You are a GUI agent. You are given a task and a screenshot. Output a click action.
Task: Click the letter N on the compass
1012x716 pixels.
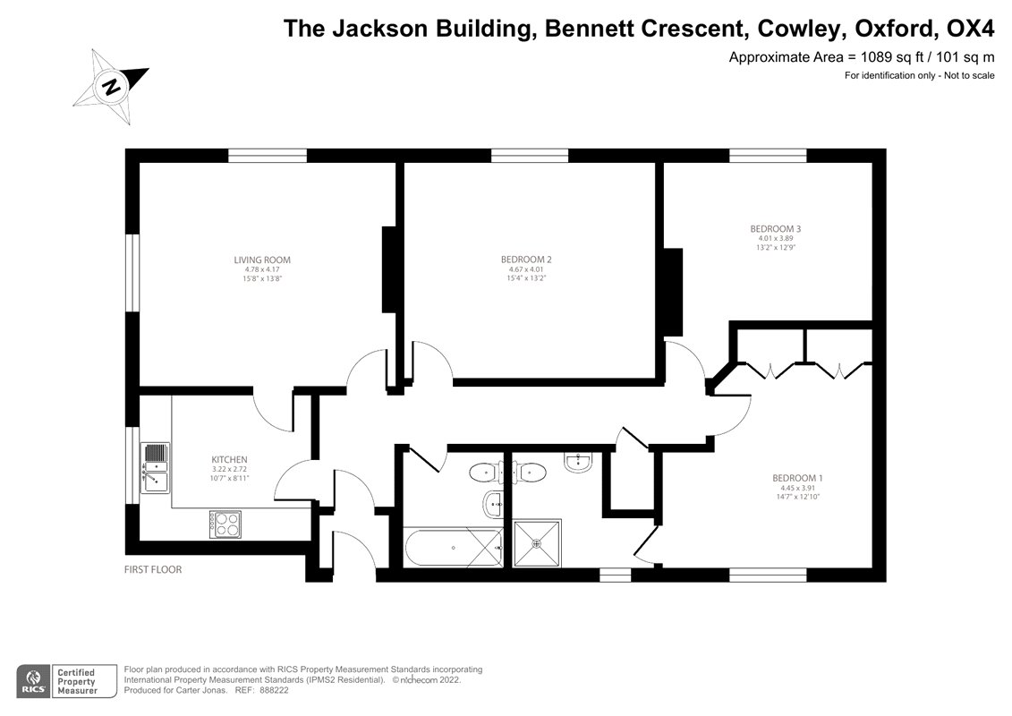(x=112, y=87)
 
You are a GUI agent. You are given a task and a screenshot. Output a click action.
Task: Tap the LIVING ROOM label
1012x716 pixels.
(x=262, y=260)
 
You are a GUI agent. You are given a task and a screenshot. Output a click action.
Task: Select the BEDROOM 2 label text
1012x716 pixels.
(x=526, y=260)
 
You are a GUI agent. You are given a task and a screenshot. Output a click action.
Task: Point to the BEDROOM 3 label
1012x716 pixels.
(x=775, y=229)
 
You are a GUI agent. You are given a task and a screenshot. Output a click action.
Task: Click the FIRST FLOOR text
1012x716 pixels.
(x=153, y=569)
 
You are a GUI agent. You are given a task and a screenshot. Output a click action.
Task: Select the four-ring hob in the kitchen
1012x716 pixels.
(x=225, y=523)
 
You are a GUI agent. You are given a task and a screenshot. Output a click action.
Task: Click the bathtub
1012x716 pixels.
(x=453, y=547)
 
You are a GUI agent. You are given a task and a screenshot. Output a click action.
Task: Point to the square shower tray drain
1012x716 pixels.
(x=537, y=542)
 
